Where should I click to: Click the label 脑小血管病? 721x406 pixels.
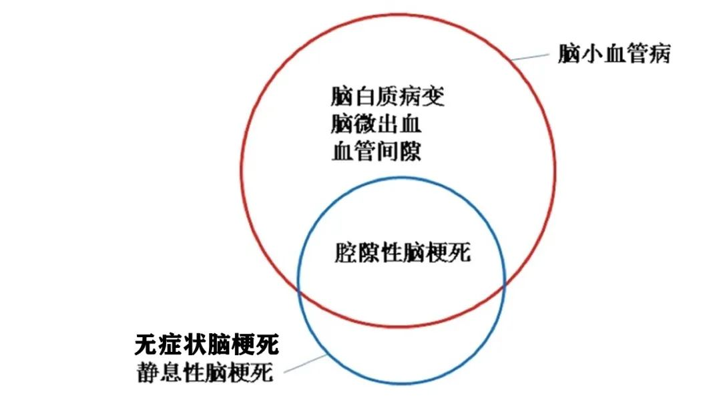[614, 53]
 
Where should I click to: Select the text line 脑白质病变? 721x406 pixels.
[388, 97]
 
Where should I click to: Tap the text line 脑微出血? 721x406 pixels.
[376, 124]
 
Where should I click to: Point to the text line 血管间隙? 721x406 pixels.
[376, 152]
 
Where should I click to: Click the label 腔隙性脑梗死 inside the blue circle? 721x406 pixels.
[403, 253]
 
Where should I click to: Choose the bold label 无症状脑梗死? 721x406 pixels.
[206, 345]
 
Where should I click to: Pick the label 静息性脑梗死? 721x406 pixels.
[205, 373]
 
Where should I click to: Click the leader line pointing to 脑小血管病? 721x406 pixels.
[530, 57]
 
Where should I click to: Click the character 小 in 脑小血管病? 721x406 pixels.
[591, 53]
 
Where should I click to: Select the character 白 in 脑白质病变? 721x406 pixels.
[365, 97]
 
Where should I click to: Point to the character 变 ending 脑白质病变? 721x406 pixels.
[434, 97]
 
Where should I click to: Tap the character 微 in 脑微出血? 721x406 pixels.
[365, 124]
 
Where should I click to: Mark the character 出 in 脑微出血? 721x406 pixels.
[388, 124]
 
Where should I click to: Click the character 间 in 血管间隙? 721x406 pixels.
[388, 152]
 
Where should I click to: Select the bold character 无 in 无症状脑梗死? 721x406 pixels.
[146, 345]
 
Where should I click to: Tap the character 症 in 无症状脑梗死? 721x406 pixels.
[170, 345]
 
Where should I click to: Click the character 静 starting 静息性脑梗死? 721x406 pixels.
[148, 373]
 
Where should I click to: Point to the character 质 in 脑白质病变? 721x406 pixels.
[388, 97]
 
